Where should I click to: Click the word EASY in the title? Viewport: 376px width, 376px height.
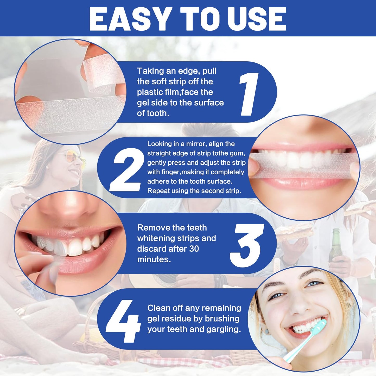click(x=129, y=19)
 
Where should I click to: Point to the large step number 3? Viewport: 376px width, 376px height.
click(x=247, y=245)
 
